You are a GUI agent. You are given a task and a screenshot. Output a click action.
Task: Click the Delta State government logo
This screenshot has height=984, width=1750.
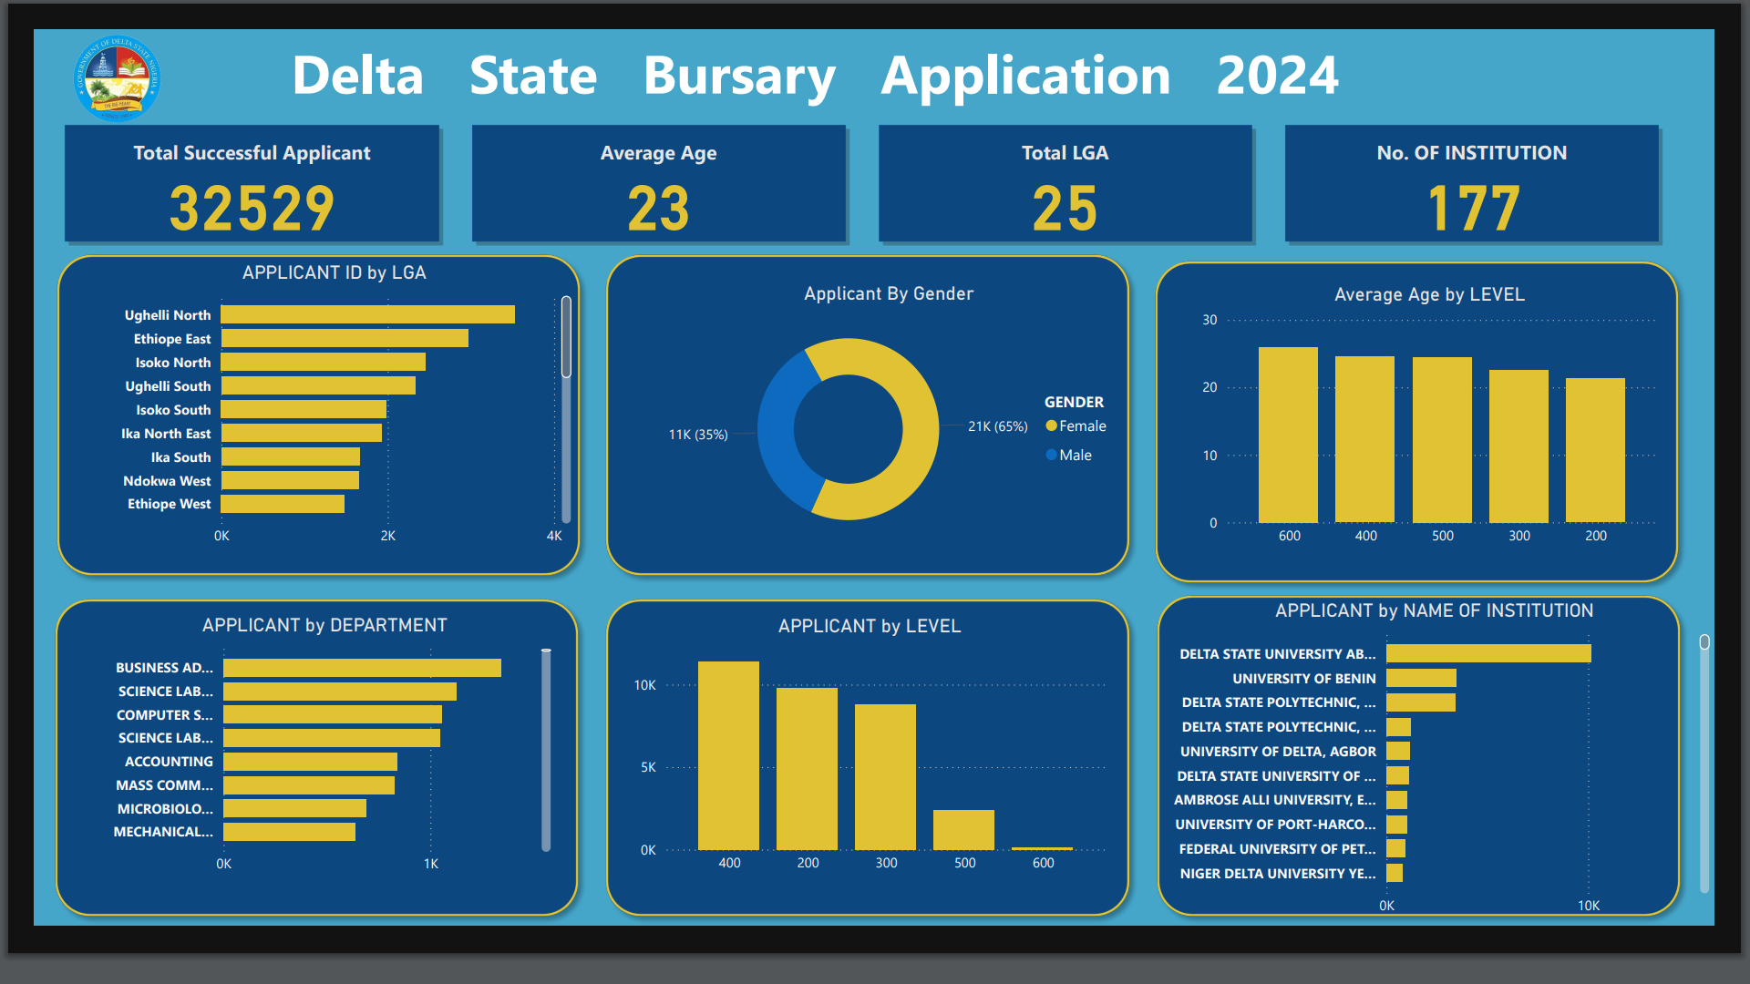(x=117, y=79)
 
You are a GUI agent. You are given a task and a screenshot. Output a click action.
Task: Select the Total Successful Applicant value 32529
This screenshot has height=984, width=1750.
(x=252, y=209)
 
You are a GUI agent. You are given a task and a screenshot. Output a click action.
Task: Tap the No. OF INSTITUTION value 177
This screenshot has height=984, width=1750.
(x=1473, y=209)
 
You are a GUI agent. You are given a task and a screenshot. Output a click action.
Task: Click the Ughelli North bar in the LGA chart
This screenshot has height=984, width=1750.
(x=367, y=314)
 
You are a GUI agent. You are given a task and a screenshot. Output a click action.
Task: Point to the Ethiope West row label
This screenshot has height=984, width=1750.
(x=169, y=504)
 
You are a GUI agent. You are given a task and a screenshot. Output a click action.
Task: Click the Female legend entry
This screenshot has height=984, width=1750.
(x=1081, y=426)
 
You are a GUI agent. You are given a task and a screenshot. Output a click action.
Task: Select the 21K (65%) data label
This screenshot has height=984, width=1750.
(x=997, y=426)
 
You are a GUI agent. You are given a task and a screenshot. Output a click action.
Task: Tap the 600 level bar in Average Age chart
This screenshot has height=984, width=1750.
(x=1288, y=435)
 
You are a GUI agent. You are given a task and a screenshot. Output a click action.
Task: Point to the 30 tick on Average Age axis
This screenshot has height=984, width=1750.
(x=1210, y=320)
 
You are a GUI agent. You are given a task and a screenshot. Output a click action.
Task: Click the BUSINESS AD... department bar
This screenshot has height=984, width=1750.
(x=362, y=668)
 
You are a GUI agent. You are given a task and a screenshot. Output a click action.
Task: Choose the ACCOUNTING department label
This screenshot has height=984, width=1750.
(x=169, y=762)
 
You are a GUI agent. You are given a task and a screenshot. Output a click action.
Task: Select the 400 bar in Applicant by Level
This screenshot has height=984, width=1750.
(x=728, y=755)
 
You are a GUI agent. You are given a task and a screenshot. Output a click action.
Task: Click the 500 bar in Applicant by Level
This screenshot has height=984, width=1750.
(x=963, y=829)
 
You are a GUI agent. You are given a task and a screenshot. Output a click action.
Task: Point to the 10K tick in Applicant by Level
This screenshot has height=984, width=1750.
(x=644, y=685)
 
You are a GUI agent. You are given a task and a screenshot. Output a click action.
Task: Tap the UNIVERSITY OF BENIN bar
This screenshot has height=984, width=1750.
(x=1421, y=678)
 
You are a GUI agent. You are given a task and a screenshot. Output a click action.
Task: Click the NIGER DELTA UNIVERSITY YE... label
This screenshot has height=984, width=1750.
(x=1277, y=874)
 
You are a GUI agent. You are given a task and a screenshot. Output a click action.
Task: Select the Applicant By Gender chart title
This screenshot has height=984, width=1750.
(x=889, y=293)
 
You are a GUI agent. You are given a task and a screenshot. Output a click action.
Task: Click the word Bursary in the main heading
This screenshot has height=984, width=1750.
(x=739, y=76)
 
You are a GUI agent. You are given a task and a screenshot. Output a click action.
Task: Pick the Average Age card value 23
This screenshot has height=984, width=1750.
(x=658, y=209)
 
